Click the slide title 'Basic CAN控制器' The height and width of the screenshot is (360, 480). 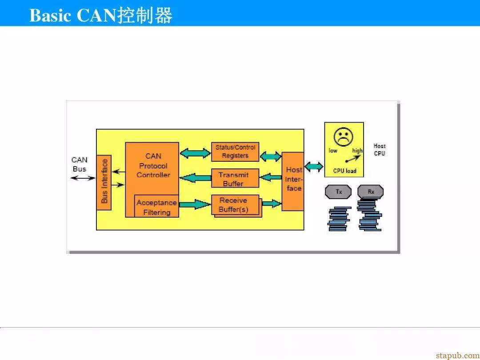[101, 15]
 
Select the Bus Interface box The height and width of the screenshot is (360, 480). [104, 183]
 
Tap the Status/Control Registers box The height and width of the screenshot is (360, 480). [235, 152]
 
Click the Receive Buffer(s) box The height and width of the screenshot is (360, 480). [235, 205]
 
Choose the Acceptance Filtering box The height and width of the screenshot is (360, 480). [157, 206]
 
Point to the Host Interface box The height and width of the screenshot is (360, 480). [293, 181]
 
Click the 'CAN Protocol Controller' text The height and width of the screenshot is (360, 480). [153, 166]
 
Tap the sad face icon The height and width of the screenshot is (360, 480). [344, 137]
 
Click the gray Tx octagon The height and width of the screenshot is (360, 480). [338, 192]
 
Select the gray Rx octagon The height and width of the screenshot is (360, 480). [370, 192]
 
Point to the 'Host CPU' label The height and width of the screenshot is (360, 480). [380, 150]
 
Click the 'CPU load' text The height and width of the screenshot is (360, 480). [345, 171]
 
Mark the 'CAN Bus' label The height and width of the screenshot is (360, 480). [79, 164]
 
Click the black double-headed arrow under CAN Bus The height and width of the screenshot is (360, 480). [83, 178]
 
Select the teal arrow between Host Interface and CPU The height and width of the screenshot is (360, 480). [314, 167]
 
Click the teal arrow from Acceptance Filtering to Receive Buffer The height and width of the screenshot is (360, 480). [195, 204]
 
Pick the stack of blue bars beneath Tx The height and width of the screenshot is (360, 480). [339, 219]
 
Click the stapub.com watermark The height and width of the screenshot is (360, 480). [458, 355]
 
